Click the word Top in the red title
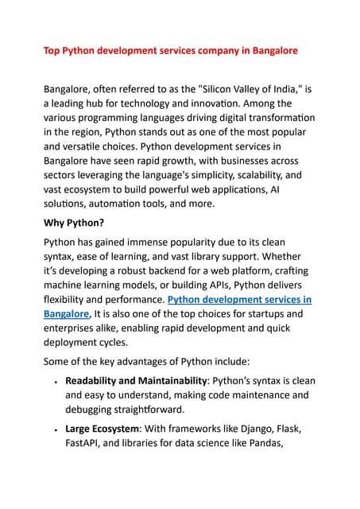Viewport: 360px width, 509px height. [51, 50]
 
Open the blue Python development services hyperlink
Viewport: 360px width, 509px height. [239, 300]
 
